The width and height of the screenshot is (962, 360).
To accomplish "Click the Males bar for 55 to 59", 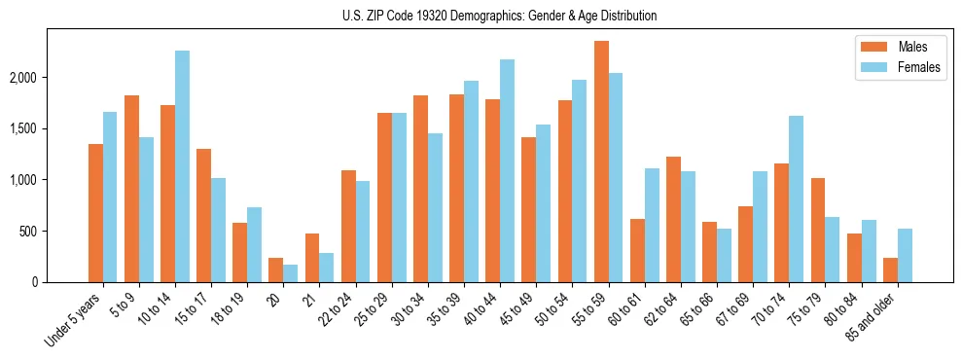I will [601, 162].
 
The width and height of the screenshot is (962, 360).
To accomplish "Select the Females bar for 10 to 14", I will [182, 166].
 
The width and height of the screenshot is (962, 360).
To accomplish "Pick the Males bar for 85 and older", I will [890, 270].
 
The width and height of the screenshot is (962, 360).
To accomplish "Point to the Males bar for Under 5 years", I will [95, 213].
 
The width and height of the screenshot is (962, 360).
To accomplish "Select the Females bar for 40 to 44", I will [507, 171].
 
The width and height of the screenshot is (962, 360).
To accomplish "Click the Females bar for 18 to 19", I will [254, 244].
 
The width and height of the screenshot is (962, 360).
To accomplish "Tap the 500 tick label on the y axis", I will [54, 232].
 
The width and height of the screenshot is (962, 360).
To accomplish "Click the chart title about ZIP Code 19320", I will [499, 16].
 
